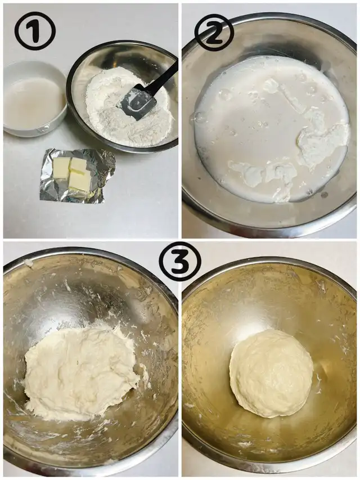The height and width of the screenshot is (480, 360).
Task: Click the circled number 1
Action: coord(35,31)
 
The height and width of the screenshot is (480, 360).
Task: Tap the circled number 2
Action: coord(214,32)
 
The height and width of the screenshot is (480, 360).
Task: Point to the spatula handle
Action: coord(164,77)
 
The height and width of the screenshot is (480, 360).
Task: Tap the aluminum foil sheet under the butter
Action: coord(77,176)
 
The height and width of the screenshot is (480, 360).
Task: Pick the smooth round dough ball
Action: coord(272,373)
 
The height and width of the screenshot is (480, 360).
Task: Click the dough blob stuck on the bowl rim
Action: coord(28,263)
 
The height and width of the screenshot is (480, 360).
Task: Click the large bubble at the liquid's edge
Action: coord(197,118)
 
